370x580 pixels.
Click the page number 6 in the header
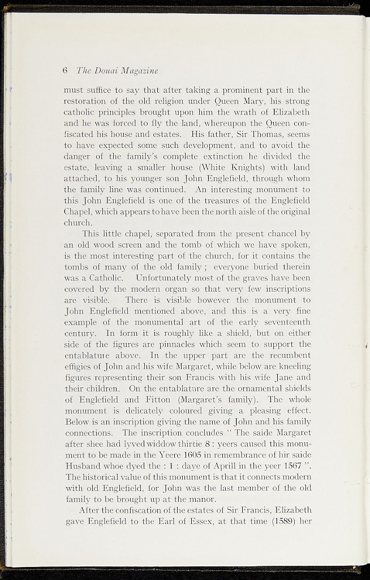click(x=66, y=71)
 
